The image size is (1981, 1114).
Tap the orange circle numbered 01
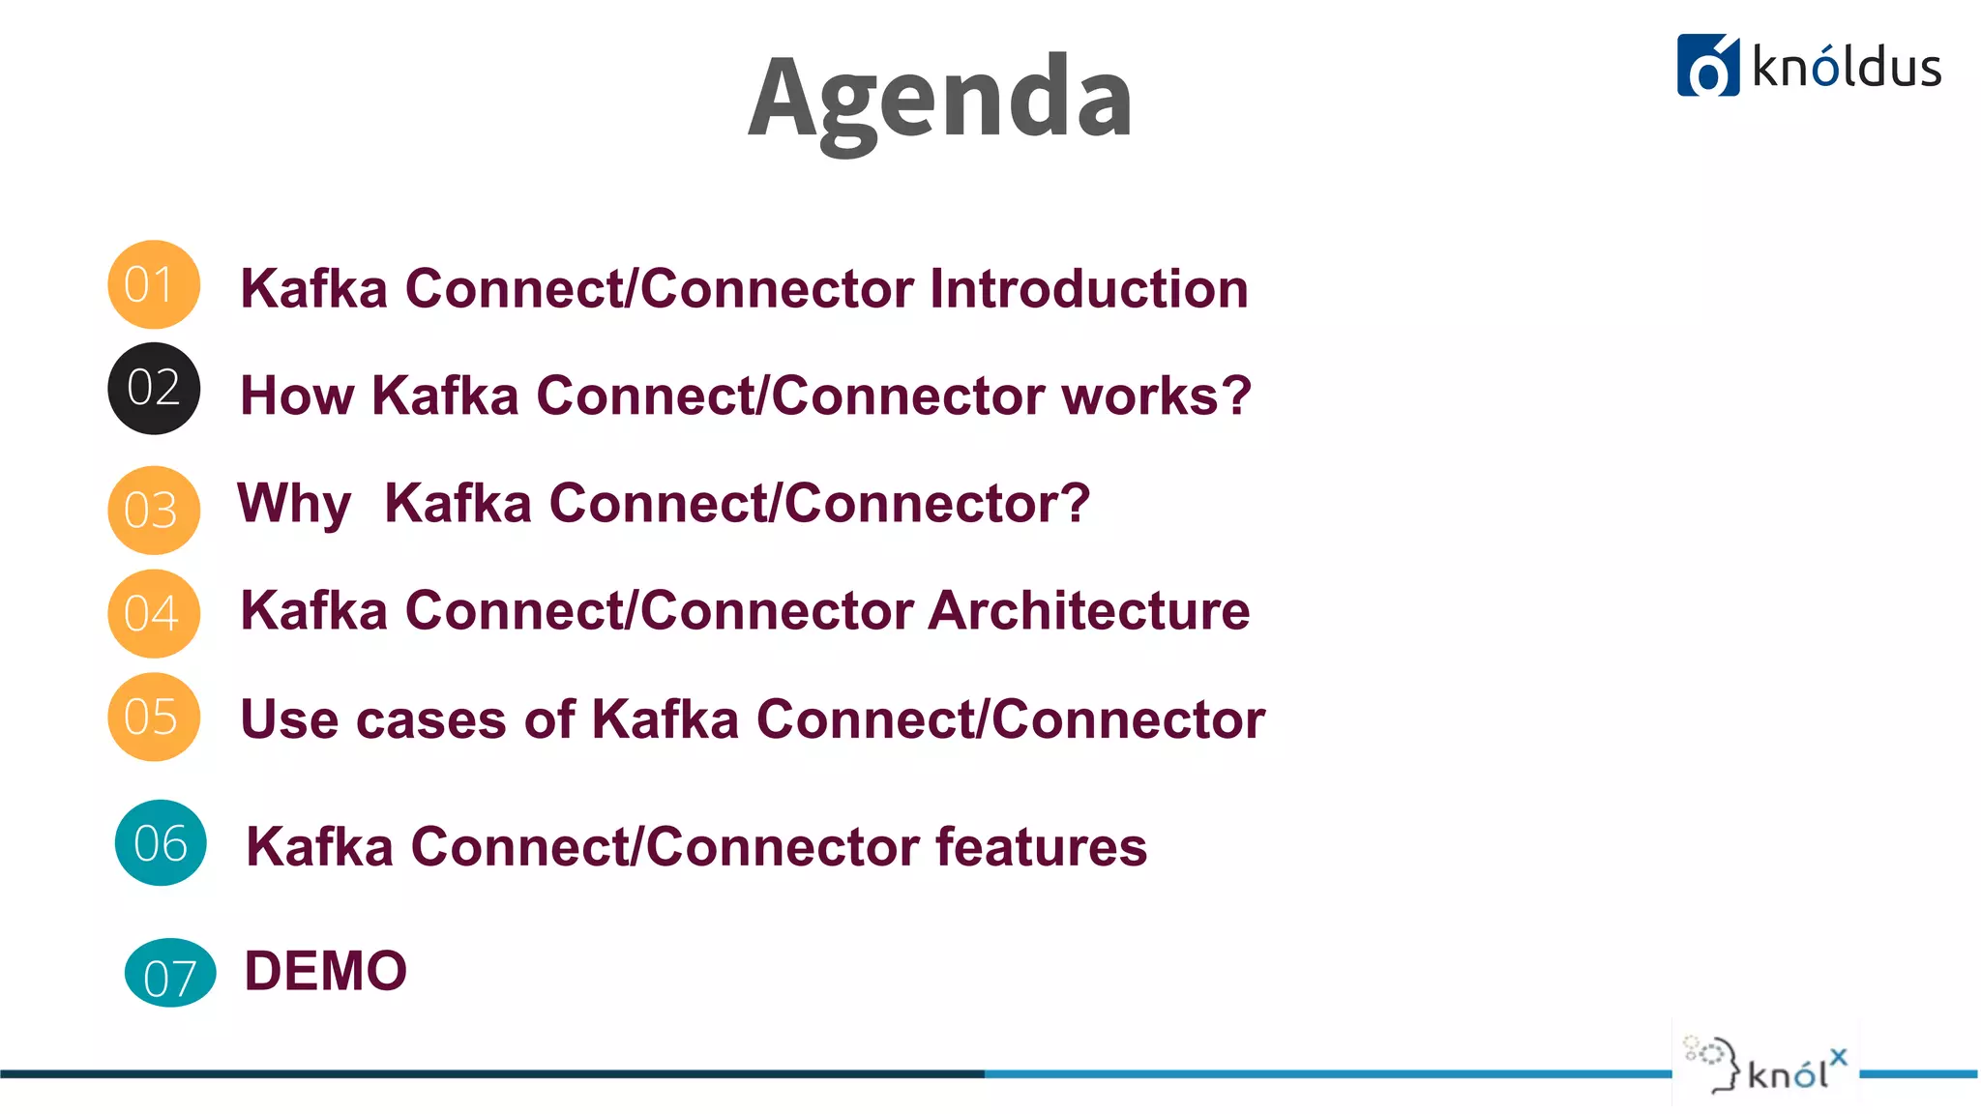[x=153, y=284]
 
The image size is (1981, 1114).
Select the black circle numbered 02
[x=153, y=388]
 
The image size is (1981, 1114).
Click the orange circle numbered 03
[x=153, y=510]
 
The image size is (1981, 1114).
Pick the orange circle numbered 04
[x=153, y=613]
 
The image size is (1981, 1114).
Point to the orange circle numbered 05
[x=153, y=717]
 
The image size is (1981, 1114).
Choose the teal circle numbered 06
[x=161, y=842]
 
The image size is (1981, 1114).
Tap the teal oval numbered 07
[x=170, y=973]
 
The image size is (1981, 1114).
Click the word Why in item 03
[x=294, y=504]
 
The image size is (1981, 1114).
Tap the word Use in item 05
[x=286, y=719]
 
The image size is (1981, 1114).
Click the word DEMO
[x=325, y=971]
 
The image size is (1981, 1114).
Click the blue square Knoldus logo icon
[x=1707, y=66]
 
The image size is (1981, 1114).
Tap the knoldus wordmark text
[x=1846, y=68]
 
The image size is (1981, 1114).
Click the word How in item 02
[x=297, y=396]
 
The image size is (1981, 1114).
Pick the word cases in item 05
[x=431, y=719]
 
